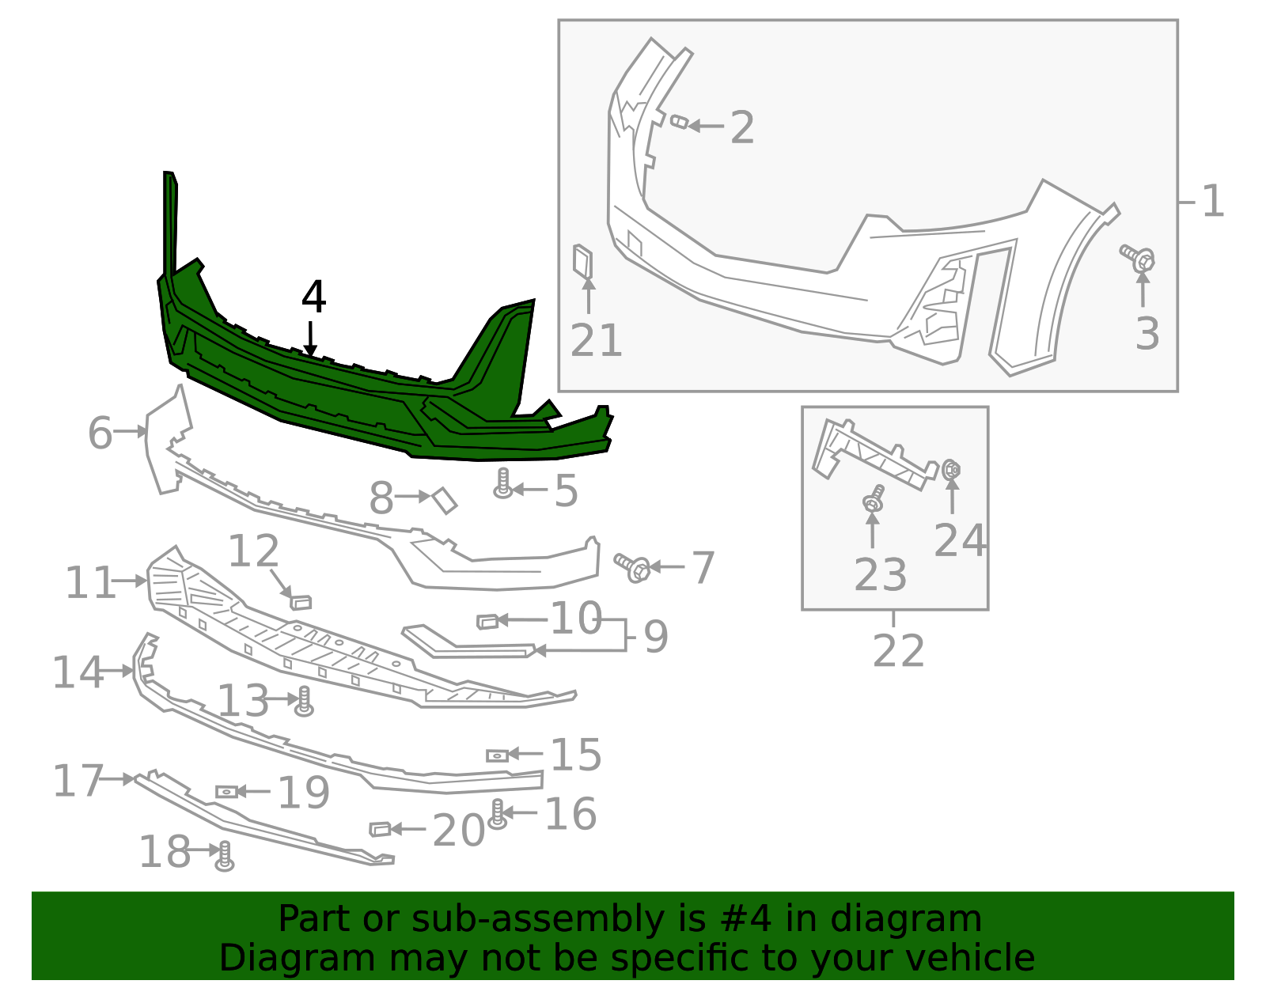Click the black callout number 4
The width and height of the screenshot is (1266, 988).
click(313, 297)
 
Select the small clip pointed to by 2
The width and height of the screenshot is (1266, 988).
click(679, 122)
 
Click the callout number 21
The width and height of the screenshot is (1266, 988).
click(596, 341)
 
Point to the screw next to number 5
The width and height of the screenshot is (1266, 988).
click(502, 483)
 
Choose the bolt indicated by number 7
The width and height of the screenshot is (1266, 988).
click(632, 566)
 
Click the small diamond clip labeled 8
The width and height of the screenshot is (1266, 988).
click(445, 500)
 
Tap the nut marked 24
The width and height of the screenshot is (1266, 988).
click(952, 470)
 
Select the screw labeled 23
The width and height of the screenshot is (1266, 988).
click(873, 500)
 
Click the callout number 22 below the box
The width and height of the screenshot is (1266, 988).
click(898, 651)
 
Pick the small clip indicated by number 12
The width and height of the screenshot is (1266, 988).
click(301, 602)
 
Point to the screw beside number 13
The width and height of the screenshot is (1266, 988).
click(304, 702)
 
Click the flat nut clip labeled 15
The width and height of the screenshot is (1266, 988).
click(497, 755)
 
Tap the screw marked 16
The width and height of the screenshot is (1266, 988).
click(497, 814)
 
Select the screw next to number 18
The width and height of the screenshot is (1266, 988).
click(225, 856)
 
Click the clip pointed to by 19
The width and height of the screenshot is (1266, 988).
click(226, 791)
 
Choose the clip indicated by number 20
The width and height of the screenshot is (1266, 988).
click(380, 828)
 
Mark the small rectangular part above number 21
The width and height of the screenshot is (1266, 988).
click(583, 263)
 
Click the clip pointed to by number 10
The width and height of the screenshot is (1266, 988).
click(487, 622)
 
